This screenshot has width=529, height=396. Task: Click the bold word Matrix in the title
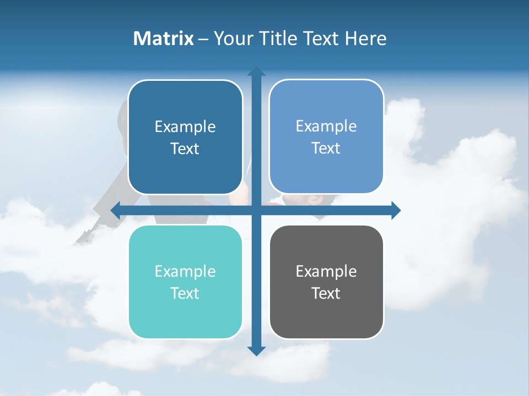pyautogui.click(x=163, y=38)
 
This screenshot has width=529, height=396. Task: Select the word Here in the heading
pyautogui.click(x=365, y=38)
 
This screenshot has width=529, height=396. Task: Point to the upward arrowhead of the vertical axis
pyautogui.click(x=256, y=71)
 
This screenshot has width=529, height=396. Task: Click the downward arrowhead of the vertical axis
pyautogui.click(x=256, y=350)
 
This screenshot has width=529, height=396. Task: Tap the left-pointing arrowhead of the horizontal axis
pyautogui.click(x=115, y=210)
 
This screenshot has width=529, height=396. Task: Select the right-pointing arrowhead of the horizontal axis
pyautogui.click(x=396, y=210)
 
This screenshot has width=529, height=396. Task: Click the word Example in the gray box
pyautogui.click(x=326, y=271)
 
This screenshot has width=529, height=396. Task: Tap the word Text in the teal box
pyautogui.click(x=185, y=293)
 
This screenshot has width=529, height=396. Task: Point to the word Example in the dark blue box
pyautogui.click(x=185, y=127)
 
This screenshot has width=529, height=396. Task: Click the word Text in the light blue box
pyautogui.click(x=326, y=148)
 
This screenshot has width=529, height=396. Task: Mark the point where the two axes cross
pyautogui.click(x=256, y=210)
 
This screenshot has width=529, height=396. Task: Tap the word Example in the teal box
pyautogui.click(x=185, y=271)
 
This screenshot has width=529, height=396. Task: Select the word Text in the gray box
pyautogui.click(x=326, y=293)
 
